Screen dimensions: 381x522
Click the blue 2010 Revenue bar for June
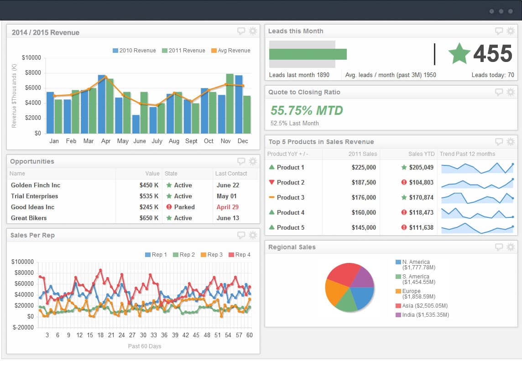pyautogui.click(x=136, y=124)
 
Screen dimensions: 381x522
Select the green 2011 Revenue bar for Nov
pyautogui.click(x=230, y=104)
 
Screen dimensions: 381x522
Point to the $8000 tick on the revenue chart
pyautogui.click(x=31, y=73)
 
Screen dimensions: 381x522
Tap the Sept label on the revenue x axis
pyautogui.click(x=191, y=141)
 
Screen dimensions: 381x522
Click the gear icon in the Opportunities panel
pyautogui.click(x=253, y=161)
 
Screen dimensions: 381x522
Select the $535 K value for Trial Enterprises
pyautogui.click(x=149, y=196)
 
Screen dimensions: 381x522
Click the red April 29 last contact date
pyautogui.click(x=227, y=207)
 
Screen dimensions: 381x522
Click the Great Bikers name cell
pyautogui.click(x=29, y=218)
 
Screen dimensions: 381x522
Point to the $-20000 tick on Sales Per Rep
pyautogui.click(x=23, y=327)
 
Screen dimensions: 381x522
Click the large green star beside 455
pyautogui.click(x=459, y=54)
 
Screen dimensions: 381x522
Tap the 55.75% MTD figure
pyautogui.click(x=307, y=110)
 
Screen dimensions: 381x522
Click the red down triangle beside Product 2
pyautogui.click(x=271, y=182)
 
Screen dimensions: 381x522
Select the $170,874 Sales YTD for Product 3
pyautogui.click(x=421, y=197)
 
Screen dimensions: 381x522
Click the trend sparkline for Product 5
pyautogui.click(x=477, y=227)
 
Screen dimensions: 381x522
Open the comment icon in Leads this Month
pyautogui.click(x=499, y=31)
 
